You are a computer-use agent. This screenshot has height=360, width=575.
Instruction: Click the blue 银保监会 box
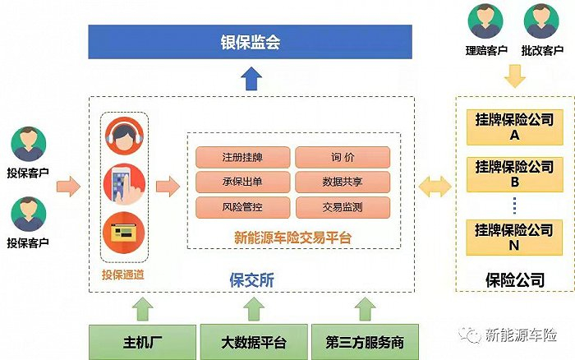[250, 42]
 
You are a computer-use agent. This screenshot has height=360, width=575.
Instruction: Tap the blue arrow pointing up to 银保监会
[250, 78]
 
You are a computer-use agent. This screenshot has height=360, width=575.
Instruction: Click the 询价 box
[342, 157]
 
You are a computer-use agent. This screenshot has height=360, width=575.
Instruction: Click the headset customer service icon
[124, 136]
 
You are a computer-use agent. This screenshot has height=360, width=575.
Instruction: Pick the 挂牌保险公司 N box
[514, 237]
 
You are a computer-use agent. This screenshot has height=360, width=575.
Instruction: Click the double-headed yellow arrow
[435, 187]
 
